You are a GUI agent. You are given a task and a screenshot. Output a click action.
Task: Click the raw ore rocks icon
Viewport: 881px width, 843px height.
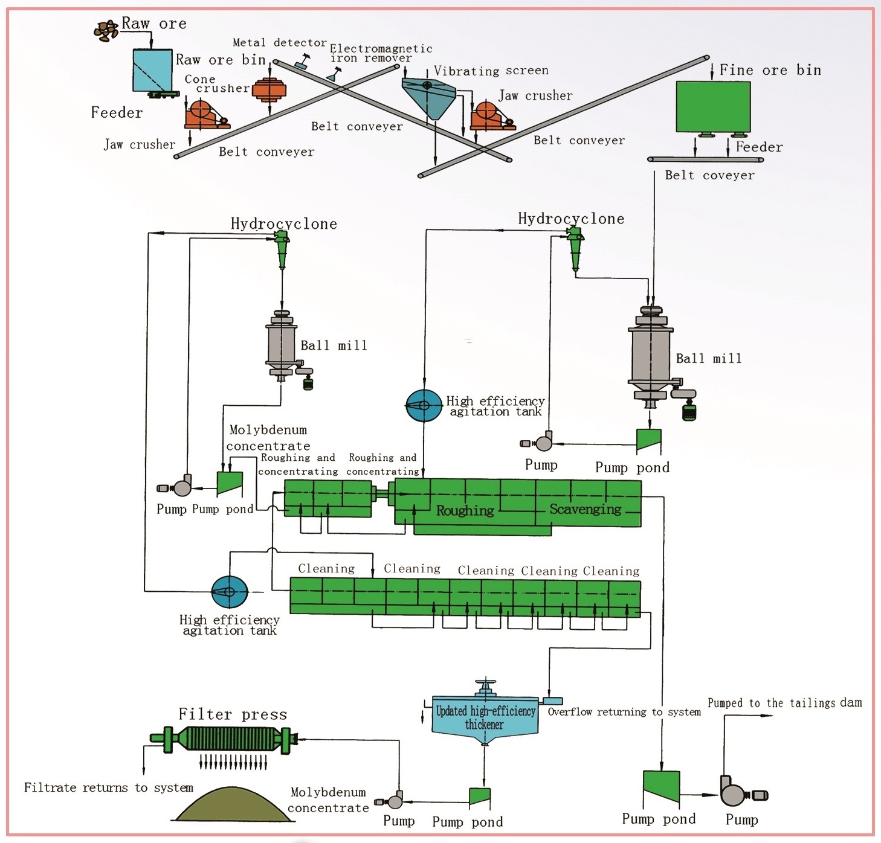[106, 30]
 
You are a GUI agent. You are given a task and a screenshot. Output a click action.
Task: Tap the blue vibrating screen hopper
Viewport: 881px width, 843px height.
[428, 97]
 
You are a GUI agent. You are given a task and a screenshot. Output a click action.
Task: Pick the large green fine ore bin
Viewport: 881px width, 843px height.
[713, 106]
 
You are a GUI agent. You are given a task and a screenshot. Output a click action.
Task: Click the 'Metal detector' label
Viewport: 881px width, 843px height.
[280, 43]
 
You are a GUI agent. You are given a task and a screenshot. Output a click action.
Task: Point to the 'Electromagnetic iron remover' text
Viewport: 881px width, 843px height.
[381, 53]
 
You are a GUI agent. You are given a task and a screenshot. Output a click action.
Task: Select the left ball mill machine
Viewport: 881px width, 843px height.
[281, 344]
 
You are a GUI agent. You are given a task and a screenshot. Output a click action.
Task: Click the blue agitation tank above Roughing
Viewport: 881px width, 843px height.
[424, 405]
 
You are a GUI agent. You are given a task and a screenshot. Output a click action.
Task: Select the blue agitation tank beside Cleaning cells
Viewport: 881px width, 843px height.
[230, 592]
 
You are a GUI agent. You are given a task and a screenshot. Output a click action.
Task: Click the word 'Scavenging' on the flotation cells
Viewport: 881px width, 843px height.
[585, 509]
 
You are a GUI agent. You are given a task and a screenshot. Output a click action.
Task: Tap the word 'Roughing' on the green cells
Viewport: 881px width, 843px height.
[465, 511]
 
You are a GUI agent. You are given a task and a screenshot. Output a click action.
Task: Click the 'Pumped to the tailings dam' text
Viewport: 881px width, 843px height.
[784, 703]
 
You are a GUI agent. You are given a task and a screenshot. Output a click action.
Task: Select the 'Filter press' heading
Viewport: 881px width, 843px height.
[233, 714]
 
